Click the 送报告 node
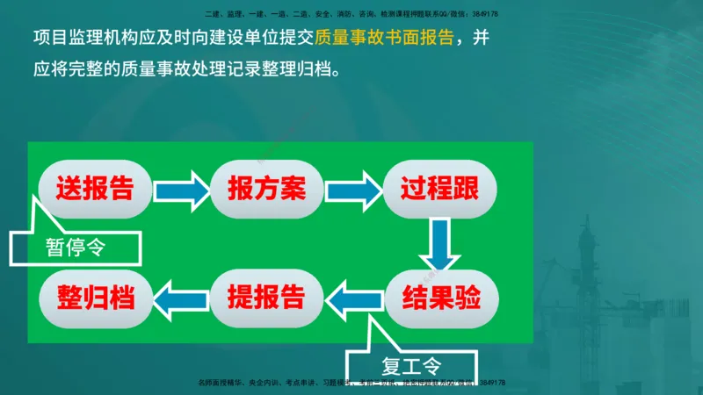95,189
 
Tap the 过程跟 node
439,189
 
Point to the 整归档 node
95,296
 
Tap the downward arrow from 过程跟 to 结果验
438,244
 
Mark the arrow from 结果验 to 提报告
354,298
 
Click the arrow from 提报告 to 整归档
182,298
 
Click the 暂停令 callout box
76,248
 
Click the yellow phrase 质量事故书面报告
386,39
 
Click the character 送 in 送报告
69,189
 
